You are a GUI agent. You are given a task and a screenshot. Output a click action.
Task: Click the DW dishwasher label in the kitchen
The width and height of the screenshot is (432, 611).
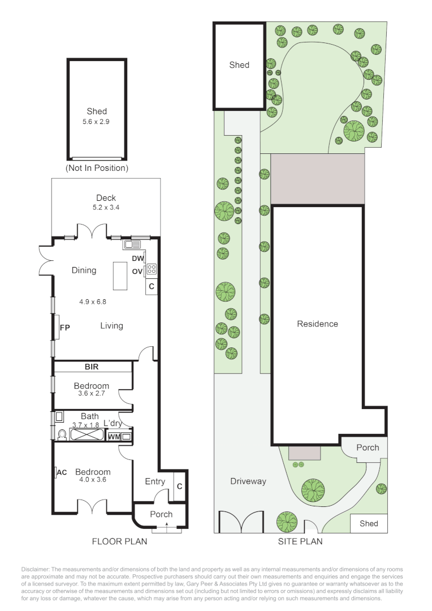[x=137, y=259]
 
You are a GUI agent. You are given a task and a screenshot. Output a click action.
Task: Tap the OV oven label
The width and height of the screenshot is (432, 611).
[x=137, y=271]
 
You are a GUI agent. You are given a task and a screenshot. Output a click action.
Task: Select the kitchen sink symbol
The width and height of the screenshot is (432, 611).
[x=132, y=245]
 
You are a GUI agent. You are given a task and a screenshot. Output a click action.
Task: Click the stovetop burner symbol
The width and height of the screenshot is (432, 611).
[x=152, y=269]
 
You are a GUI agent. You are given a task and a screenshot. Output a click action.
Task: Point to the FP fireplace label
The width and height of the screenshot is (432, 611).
[x=64, y=328]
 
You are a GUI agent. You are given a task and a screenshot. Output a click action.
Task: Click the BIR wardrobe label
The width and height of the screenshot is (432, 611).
[x=92, y=367]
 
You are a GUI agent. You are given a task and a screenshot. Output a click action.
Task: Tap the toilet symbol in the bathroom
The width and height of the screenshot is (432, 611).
[x=62, y=434]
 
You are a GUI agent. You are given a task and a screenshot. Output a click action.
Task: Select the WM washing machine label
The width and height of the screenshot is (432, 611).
[x=114, y=437]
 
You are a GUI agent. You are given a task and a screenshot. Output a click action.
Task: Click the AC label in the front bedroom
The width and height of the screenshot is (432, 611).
[x=62, y=472]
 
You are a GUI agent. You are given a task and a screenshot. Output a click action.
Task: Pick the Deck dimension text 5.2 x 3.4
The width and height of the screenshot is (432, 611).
[x=106, y=207]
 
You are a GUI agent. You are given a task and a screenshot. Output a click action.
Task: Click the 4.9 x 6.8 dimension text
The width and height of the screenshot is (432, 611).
[x=93, y=302]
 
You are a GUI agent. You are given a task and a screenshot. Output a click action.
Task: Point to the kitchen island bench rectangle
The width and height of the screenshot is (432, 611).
[x=120, y=276]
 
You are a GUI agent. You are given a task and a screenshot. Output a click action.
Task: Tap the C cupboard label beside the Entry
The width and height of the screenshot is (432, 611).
[x=180, y=487]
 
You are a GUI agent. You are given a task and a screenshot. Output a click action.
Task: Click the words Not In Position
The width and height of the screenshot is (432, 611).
[x=97, y=168]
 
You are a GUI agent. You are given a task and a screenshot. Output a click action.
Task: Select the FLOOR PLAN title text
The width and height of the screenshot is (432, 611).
[x=119, y=541]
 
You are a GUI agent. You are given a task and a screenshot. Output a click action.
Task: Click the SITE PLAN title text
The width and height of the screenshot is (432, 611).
[x=300, y=541]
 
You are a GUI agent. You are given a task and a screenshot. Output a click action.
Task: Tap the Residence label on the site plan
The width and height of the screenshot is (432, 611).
[x=317, y=324]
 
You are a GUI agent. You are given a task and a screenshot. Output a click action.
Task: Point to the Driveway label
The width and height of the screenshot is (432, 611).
[x=248, y=481]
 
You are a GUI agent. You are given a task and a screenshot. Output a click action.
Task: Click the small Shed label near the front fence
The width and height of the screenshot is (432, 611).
[x=369, y=524]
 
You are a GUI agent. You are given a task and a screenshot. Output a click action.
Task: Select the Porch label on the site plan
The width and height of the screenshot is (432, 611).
[x=368, y=448]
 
